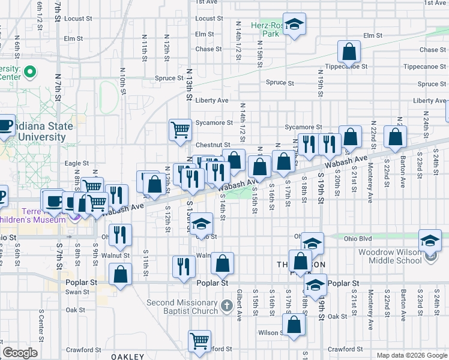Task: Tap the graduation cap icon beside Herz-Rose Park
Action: [294, 25]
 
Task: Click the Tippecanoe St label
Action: [346, 67]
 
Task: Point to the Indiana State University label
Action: [37, 131]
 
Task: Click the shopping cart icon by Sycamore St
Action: [180, 129]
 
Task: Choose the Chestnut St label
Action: [212, 145]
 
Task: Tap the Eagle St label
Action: [76, 163]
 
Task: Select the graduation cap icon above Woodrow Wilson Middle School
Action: [430, 241]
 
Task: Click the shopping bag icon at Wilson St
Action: [294, 326]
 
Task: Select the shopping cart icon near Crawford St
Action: [200, 340]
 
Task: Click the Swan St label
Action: [77, 292]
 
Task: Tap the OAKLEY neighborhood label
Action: [128, 357]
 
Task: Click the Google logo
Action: [20, 353]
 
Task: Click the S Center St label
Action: [41, 325]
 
